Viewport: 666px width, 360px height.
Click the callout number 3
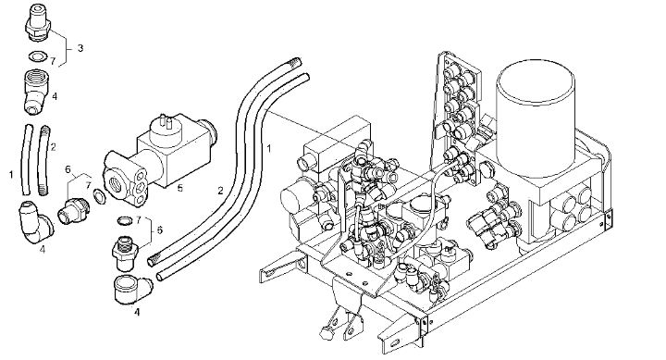click(80, 48)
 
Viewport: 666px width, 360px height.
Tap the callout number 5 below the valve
click(180, 188)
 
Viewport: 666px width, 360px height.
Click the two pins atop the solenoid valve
click(166, 121)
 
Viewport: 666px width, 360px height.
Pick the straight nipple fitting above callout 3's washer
click(38, 23)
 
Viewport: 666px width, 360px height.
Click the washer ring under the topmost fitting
click(38, 56)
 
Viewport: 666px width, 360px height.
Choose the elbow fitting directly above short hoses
click(36, 93)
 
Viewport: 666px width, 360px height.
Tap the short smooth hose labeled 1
click(26, 159)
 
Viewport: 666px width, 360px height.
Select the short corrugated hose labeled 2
click(43, 160)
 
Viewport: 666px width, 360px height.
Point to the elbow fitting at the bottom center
click(131, 290)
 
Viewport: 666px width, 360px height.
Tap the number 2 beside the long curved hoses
click(220, 191)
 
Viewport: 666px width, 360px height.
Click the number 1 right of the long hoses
click(268, 148)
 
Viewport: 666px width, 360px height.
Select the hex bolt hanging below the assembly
click(327, 332)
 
